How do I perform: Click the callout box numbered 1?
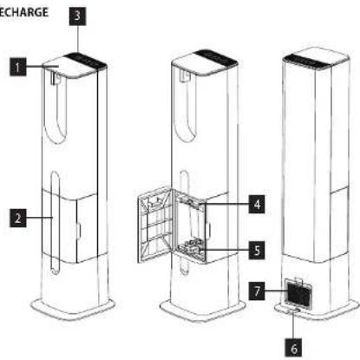(x=18, y=67)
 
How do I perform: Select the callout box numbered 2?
(x=18, y=218)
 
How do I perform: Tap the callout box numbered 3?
(x=77, y=15)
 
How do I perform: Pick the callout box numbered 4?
(x=257, y=205)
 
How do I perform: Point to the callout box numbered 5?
(x=257, y=250)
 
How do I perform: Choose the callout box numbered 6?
(x=293, y=349)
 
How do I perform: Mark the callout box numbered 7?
(x=257, y=291)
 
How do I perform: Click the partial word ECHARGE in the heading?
(x=23, y=12)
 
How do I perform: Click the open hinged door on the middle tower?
(x=155, y=224)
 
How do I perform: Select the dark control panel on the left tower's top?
(x=85, y=60)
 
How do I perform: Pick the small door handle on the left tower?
(x=78, y=231)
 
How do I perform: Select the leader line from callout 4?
(x=225, y=205)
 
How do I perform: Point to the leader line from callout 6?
(x=293, y=324)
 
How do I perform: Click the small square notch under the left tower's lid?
(x=55, y=79)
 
